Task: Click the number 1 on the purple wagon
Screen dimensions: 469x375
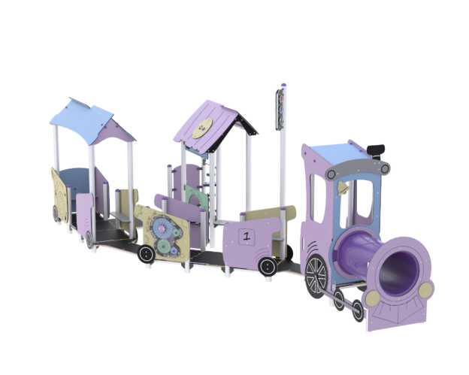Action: point(247,237)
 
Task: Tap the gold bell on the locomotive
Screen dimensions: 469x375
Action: point(343,189)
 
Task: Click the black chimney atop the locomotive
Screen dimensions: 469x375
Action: point(376,151)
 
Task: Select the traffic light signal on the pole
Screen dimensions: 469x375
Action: point(280,110)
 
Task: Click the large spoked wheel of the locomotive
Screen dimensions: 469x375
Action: point(316,276)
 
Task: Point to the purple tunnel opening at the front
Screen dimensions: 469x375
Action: point(398,274)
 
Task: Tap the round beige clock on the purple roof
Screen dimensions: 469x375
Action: point(202,129)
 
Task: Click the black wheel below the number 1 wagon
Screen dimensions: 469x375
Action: point(268,267)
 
